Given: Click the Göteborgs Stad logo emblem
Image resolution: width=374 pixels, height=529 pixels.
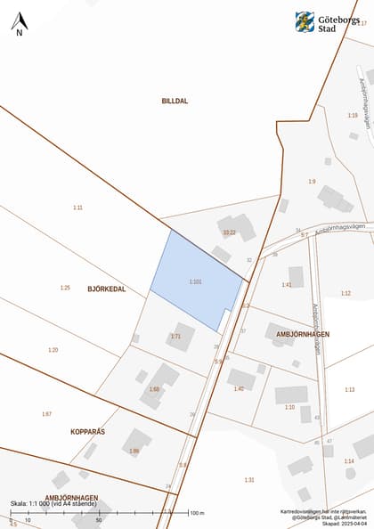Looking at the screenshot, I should tap(305, 21).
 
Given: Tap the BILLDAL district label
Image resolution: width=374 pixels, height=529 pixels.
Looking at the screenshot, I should tap(175, 102).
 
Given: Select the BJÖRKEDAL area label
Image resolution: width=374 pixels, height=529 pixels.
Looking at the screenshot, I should tap(106, 289).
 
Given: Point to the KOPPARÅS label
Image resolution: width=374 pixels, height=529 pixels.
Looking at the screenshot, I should tap(87, 431).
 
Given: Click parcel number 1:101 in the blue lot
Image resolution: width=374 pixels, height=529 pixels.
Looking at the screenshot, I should tap(196, 281).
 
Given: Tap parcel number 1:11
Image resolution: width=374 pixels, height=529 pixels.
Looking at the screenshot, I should tap(77, 208).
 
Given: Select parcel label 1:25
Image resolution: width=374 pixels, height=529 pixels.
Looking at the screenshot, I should tap(65, 288).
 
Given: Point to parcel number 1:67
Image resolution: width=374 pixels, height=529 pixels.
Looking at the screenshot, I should tap(46, 414).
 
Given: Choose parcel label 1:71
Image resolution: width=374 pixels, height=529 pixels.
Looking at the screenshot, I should tap(175, 336).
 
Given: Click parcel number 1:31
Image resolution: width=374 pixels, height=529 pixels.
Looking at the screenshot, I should tap(249, 480).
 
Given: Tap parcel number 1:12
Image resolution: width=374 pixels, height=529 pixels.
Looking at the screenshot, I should tap(346, 293).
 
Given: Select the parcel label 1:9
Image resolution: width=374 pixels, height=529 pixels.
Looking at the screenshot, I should tap(312, 182).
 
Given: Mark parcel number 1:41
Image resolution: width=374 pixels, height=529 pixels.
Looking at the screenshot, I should tap(287, 285).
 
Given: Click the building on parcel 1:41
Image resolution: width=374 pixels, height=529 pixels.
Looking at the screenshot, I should tap(296, 275).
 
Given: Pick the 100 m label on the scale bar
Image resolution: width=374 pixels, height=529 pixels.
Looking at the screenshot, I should tap(197, 514).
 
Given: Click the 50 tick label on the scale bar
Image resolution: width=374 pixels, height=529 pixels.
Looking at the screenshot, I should tap(98, 520).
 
